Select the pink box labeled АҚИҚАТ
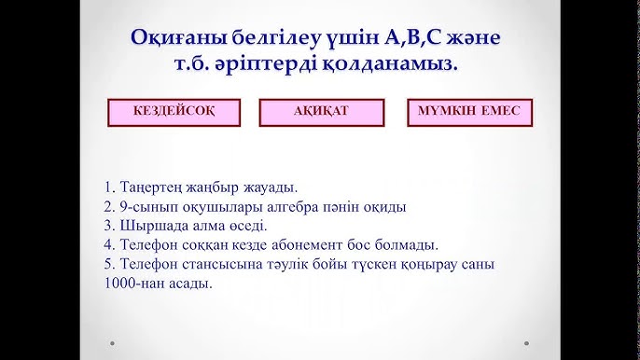click(x=320, y=111)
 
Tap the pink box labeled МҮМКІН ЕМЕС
click(x=469, y=111)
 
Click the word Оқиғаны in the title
click(x=177, y=39)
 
